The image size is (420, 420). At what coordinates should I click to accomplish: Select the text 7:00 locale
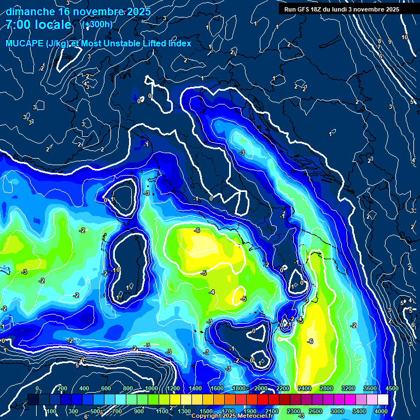click(38, 25)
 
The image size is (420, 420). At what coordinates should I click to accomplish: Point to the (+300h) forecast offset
click(97, 25)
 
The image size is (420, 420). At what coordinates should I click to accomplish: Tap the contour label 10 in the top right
click(405, 37)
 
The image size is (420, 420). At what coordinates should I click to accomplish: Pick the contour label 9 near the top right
click(390, 42)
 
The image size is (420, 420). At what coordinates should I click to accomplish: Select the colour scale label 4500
click(392, 388)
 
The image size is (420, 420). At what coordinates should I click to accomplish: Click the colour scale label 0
click(37, 388)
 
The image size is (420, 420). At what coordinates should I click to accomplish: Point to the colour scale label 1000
click(151, 388)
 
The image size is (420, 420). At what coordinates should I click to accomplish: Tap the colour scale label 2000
click(261, 388)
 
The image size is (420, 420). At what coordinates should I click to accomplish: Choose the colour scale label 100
click(52, 411)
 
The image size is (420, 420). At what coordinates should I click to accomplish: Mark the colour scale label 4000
click(381, 411)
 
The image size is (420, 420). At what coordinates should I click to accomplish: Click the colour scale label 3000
click(337, 411)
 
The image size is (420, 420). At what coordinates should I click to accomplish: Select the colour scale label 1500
click(206, 411)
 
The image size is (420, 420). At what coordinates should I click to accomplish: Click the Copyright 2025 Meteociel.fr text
click(232, 416)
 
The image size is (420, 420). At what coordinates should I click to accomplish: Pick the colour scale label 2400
click(305, 388)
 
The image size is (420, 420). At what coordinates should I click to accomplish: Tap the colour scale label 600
click(106, 388)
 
